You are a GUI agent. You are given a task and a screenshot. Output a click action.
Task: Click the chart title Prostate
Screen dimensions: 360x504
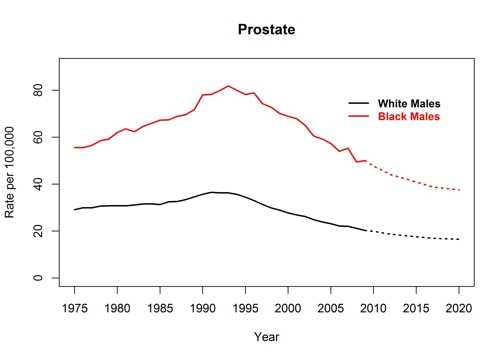point(266,29)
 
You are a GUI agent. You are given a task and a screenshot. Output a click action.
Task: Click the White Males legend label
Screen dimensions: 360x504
point(407,103)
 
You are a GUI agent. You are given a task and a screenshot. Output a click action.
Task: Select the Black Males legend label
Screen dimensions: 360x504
point(407,117)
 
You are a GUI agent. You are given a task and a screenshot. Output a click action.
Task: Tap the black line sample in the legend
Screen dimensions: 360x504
point(358,103)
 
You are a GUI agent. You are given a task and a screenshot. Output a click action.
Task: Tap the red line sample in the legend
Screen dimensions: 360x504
point(358,117)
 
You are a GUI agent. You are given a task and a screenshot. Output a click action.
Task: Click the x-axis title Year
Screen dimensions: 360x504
point(266,336)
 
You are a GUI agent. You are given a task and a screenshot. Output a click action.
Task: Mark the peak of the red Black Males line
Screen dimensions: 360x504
point(228,86)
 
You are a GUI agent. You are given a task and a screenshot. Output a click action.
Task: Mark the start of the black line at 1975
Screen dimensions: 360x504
point(75,210)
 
